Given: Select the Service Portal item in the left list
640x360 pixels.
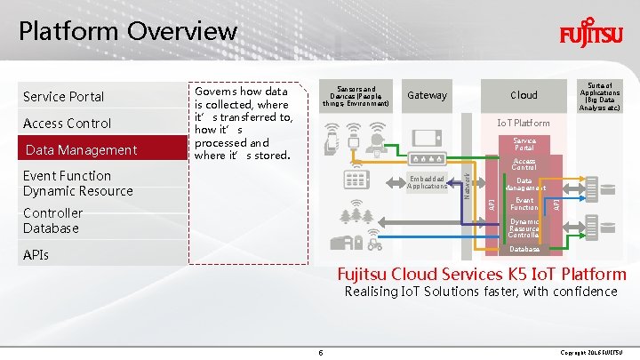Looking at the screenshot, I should click(x=64, y=96).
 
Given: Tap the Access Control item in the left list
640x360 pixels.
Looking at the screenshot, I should click(x=68, y=123).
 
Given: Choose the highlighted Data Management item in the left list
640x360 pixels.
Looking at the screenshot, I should click(x=81, y=149).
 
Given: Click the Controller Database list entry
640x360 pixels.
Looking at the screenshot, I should click(x=52, y=220).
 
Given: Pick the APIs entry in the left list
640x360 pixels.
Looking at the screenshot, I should click(x=36, y=255).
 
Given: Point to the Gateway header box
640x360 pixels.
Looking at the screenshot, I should click(x=427, y=95).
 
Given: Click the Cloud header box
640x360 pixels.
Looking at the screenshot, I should click(x=524, y=95).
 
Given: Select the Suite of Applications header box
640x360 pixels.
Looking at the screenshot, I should click(x=600, y=95).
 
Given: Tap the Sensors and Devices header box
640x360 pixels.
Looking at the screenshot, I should click(x=356, y=95).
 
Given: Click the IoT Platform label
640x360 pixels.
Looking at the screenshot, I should click(x=524, y=123).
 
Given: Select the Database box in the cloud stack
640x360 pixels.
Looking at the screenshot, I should click(x=524, y=249).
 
